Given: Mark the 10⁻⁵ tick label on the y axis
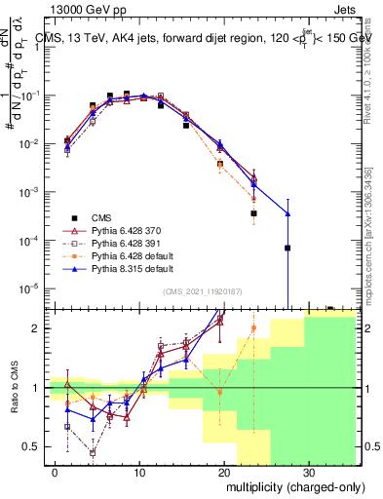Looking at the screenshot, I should pyautogui.click(x=32, y=288).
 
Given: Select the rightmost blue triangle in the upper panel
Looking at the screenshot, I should pyautogui.click(x=287, y=213).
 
